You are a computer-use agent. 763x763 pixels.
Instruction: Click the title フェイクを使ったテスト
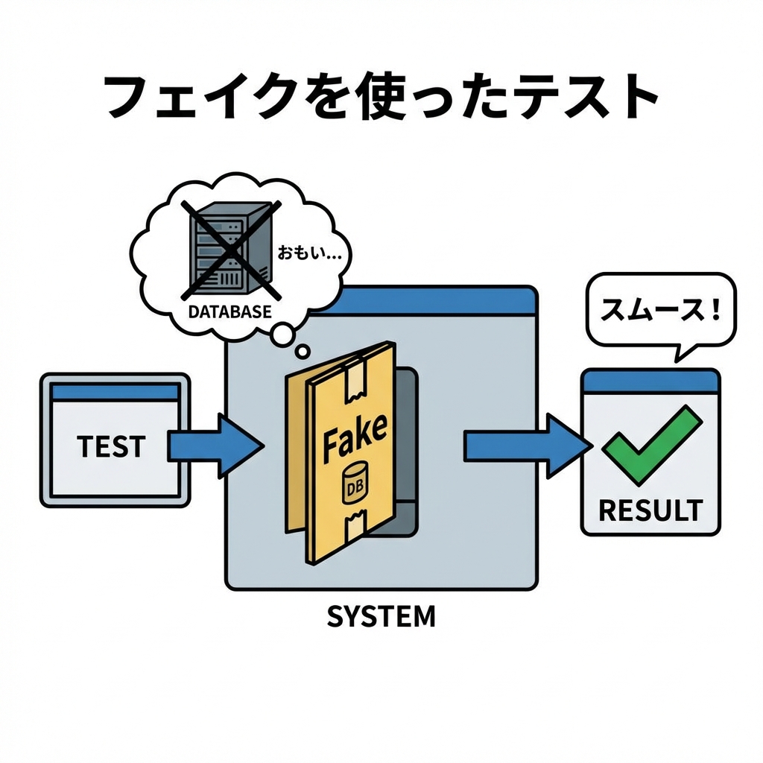coord(381,97)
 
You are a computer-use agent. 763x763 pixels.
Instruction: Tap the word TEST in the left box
coord(111,446)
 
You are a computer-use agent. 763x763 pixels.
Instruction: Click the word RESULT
coord(650,510)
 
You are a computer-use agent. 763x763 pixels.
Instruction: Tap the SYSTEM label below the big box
coord(381,616)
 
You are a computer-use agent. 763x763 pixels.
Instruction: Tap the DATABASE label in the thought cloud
coord(229,312)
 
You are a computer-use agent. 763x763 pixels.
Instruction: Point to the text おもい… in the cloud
coord(309,253)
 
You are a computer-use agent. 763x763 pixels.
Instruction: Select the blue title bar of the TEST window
coord(115,391)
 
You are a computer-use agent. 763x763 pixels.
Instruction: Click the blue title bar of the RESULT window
coord(650,382)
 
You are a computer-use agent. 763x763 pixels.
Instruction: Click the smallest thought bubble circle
coord(303,350)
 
